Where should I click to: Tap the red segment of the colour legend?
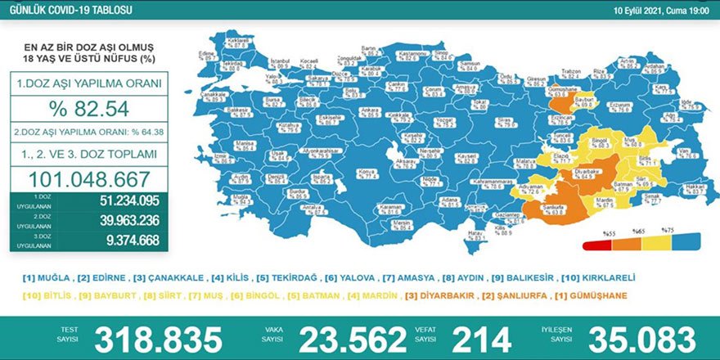coord(593,243)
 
